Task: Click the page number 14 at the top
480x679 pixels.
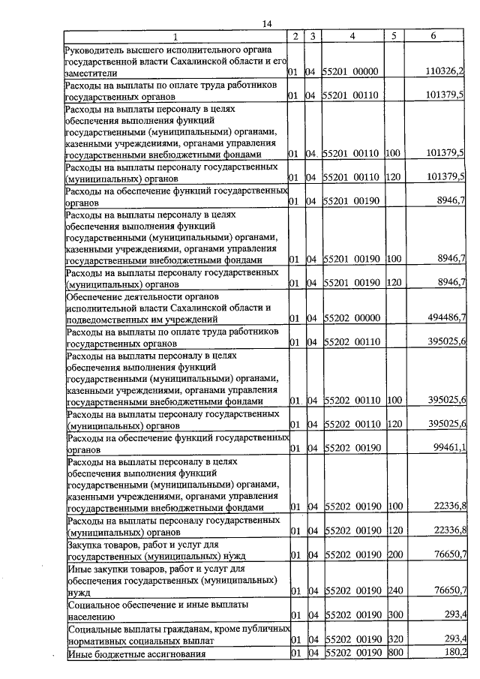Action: (x=266, y=24)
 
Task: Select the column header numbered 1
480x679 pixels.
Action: (x=175, y=37)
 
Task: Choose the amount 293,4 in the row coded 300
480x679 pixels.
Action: (x=454, y=615)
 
